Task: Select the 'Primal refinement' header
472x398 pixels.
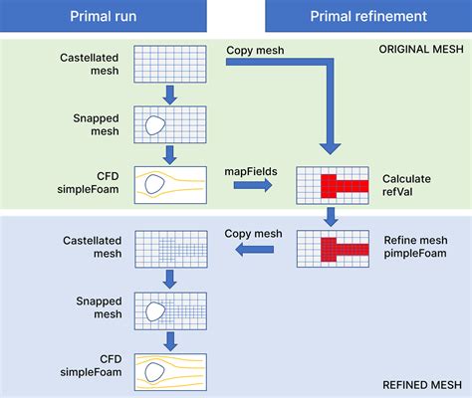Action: point(368,16)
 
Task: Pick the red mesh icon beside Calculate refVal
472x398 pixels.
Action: point(333,184)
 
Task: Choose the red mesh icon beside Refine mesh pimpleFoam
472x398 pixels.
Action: point(333,249)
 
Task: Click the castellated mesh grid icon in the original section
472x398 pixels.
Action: point(171,63)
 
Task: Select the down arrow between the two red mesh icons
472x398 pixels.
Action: point(333,217)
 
